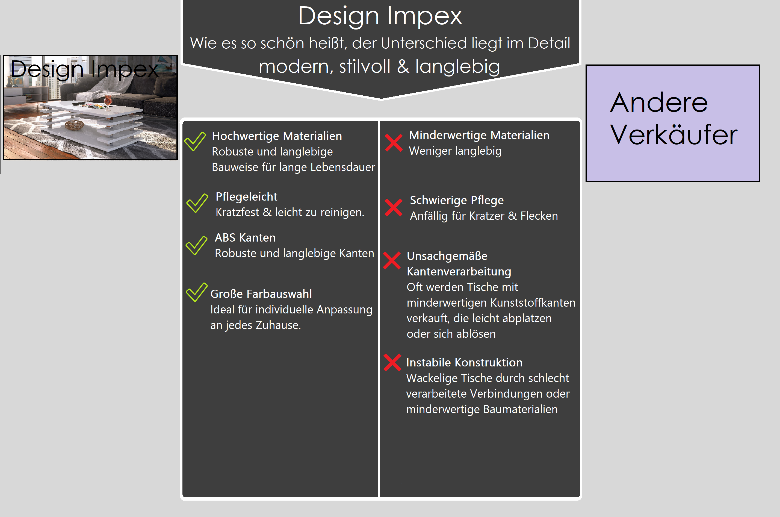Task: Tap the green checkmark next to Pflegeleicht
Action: point(197,203)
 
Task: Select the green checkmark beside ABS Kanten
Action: point(196,245)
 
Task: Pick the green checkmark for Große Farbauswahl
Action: point(196,292)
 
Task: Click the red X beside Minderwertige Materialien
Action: point(394,143)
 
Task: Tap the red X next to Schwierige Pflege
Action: point(394,207)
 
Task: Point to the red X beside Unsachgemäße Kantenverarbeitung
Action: point(392,260)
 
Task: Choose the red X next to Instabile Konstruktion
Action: point(392,362)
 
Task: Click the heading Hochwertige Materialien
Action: point(277,136)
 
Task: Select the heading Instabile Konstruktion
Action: point(464,362)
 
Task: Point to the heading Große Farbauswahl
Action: point(261,294)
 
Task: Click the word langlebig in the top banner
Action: point(457,67)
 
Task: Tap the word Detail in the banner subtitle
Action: point(549,43)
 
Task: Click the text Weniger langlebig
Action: point(455,151)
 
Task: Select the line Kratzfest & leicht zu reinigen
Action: point(290,212)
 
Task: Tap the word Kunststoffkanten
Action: point(533,303)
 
